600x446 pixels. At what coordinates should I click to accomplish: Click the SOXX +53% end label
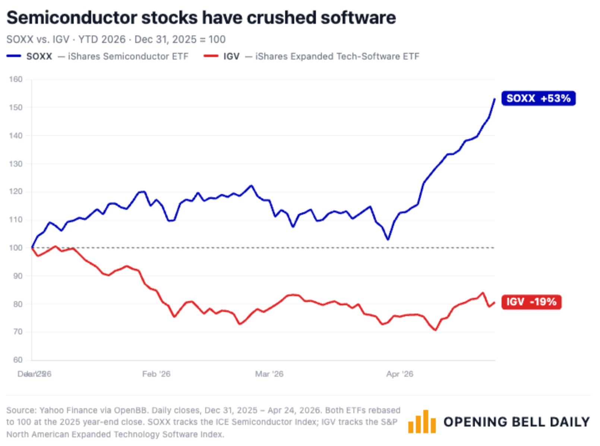click(538, 98)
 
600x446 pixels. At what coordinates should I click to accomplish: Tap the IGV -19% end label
click(531, 302)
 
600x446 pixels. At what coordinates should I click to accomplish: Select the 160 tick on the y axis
click(16, 79)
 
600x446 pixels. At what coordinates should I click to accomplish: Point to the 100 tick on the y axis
click(16, 248)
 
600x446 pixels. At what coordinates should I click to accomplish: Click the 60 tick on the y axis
click(18, 360)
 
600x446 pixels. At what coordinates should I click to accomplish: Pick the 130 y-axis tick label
click(16, 164)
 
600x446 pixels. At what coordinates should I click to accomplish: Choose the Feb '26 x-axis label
click(156, 374)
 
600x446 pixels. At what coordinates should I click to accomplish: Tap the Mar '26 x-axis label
click(269, 374)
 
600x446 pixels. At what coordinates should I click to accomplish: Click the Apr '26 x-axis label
click(400, 374)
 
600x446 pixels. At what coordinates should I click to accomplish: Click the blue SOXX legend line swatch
click(14, 56)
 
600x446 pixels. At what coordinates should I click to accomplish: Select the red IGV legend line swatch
click(211, 56)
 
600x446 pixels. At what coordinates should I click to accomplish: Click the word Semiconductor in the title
click(72, 17)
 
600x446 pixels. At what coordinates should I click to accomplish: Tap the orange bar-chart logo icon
click(422, 422)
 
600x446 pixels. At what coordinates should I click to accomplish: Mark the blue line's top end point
click(495, 99)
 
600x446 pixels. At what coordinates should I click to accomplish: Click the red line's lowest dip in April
click(435, 330)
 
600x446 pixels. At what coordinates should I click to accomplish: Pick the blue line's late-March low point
click(388, 239)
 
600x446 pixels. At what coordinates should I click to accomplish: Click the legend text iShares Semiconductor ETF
click(128, 56)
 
